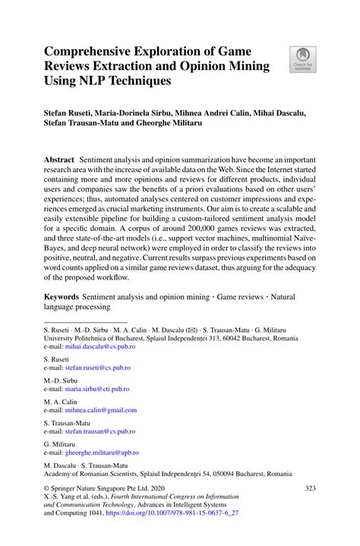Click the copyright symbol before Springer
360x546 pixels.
click(46, 490)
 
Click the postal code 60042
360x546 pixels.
click(238, 338)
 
